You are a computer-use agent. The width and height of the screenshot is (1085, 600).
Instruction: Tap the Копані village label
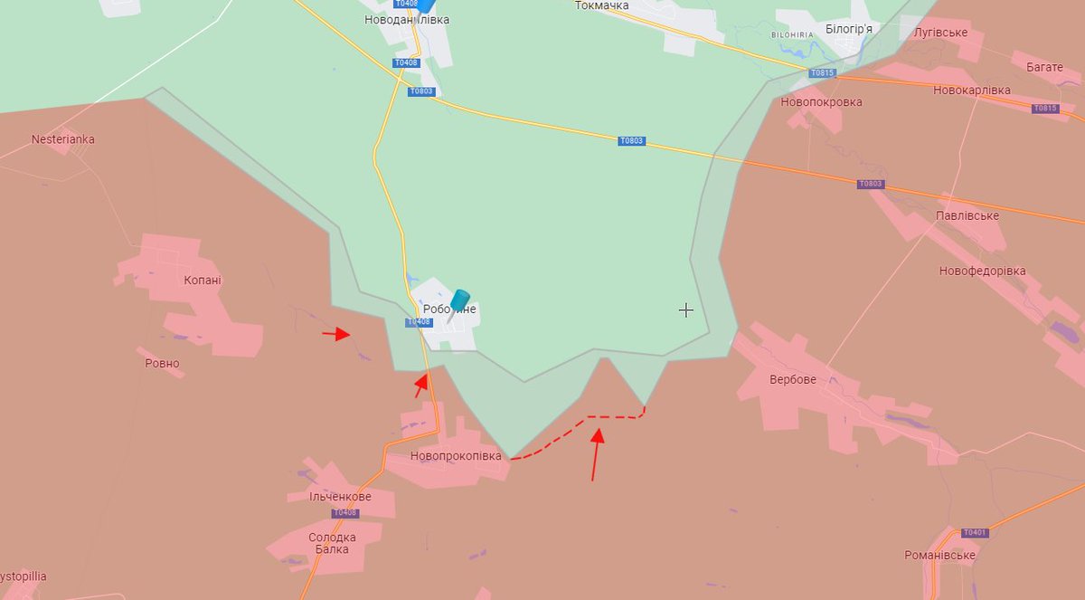202,280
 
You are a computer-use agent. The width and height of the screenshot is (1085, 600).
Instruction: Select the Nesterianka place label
62,139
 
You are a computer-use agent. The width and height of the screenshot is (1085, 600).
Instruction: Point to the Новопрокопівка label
455,456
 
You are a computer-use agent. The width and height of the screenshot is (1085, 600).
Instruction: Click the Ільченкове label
340,497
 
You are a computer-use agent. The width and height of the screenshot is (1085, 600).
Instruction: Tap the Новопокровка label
821,102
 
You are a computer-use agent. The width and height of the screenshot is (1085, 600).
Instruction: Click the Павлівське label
967,215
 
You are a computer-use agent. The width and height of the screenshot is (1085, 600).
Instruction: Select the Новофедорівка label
982,271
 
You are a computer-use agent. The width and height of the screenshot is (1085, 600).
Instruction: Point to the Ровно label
162,364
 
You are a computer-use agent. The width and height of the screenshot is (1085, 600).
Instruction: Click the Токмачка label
601,5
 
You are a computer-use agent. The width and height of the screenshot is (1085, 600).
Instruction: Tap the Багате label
1044,67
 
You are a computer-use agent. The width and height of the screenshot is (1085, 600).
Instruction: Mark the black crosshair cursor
686,310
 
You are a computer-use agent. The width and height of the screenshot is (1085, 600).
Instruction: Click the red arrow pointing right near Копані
336,334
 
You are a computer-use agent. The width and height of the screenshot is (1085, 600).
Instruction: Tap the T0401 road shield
974,533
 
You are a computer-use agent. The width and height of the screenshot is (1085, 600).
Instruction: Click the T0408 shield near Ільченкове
344,513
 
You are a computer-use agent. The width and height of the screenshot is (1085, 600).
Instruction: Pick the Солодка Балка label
332,543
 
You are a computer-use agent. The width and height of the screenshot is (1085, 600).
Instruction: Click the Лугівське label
940,33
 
